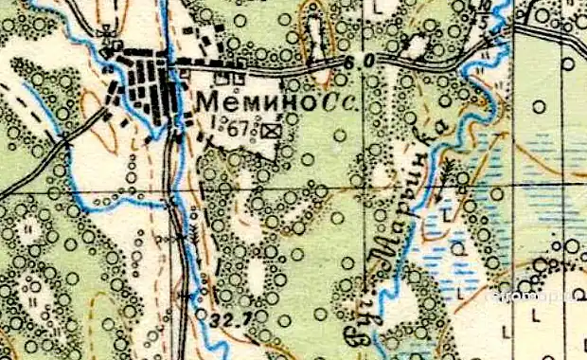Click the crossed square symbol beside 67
point(274,130)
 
